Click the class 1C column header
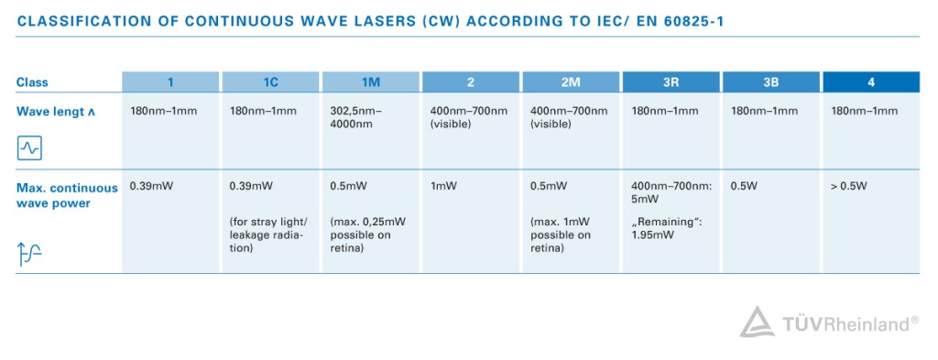point(271,82)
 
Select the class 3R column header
point(671,82)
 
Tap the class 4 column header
point(870,82)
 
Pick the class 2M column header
point(571,82)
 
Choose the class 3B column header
point(770,82)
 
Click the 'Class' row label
point(32,82)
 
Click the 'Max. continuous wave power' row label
point(67,195)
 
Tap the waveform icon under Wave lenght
point(30,147)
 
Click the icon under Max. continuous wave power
point(29,256)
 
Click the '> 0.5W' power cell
point(848,186)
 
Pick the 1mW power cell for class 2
point(443,186)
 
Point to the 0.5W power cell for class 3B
point(743,186)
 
